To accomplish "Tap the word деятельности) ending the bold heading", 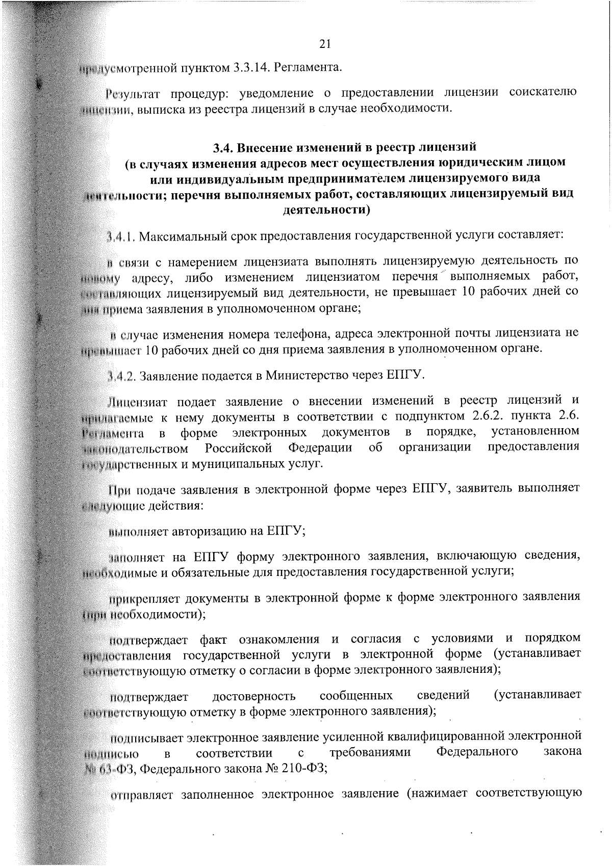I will [x=326, y=209].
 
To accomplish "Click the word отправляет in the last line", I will [x=141, y=795].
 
